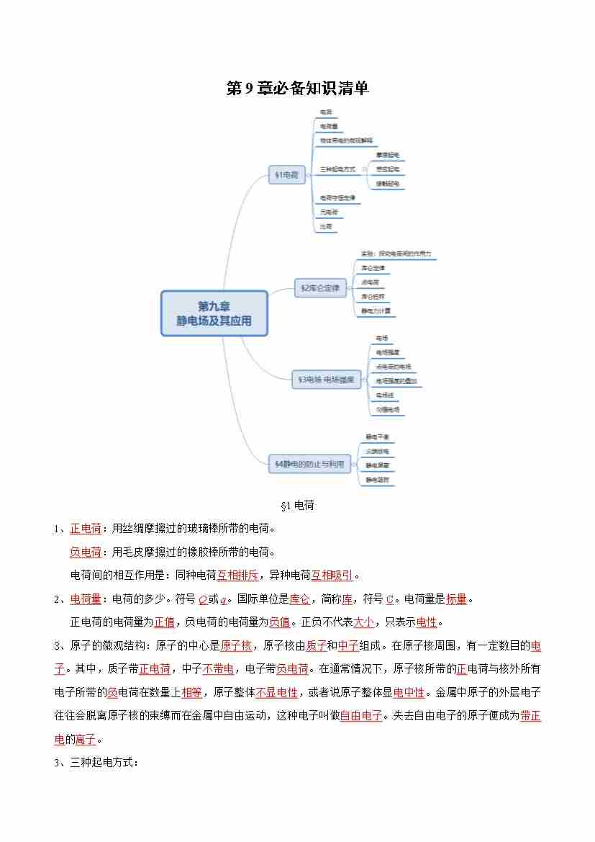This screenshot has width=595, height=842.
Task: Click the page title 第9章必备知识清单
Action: pyautogui.click(x=297, y=89)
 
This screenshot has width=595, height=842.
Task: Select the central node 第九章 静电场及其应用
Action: pyautogui.click(x=214, y=313)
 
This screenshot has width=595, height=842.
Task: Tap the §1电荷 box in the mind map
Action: pyautogui.click(x=287, y=174)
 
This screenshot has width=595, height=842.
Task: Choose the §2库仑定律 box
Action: pyautogui.click(x=321, y=288)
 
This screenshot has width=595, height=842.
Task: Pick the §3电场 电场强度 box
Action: pyautogui.click(x=326, y=380)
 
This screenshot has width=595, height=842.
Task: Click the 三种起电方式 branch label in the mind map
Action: pyautogui.click(x=338, y=169)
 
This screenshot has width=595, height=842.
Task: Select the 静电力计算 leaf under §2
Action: pyautogui.click(x=376, y=310)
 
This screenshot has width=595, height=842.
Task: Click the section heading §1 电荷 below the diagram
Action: pyautogui.click(x=297, y=506)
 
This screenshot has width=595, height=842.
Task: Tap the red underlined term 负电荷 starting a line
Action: pyautogui.click(x=86, y=552)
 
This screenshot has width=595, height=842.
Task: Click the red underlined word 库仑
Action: pyautogui.click(x=299, y=599)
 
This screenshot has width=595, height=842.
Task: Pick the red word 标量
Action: pyautogui.click(x=456, y=599)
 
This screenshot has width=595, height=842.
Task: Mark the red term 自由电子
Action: pyautogui.click(x=361, y=715)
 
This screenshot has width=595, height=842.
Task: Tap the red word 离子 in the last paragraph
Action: pyautogui.click(x=85, y=739)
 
